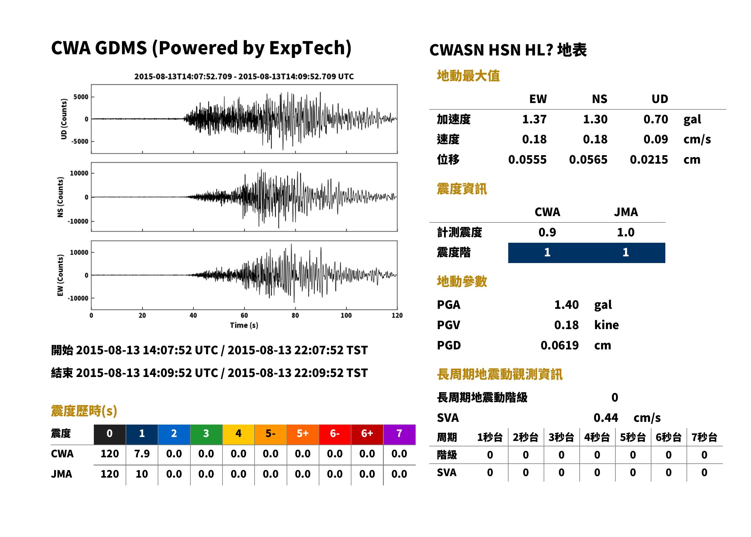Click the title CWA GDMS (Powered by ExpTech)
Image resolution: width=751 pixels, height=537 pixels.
click(x=201, y=48)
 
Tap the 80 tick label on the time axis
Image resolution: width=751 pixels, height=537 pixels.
click(x=295, y=315)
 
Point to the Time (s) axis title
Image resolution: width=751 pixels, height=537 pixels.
click(x=244, y=325)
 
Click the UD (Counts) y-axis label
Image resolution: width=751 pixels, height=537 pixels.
click(x=64, y=119)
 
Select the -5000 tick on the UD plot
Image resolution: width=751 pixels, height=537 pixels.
click(x=80, y=142)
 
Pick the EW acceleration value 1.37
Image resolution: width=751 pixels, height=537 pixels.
click(x=534, y=119)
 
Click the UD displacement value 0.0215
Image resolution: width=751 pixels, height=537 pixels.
click(x=649, y=160)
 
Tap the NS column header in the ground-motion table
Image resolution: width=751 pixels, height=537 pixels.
click(x=599, y=99)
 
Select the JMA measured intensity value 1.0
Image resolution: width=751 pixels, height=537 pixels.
click(x=625, y=232)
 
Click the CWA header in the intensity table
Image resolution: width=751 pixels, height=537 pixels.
click(x=547, y=212)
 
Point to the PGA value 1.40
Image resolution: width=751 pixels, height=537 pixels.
click(x=566, y=305)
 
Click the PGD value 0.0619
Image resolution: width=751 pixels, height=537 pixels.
click(x=559, y=345)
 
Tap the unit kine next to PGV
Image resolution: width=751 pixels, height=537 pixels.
click(x=606, y=325)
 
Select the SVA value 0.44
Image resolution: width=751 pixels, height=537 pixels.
click(x=606, y=418)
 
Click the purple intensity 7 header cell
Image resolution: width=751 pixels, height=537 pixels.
click(x=399, y=434)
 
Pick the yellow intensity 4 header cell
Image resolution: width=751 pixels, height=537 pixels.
click(x=239, y=434)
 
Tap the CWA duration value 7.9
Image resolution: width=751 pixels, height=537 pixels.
click(x=142, y=454)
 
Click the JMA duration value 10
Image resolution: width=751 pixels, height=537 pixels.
click(x=142, y=474)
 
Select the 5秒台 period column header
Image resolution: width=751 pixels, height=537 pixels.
click(x=632, y=438)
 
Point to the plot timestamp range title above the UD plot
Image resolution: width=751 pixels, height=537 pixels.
click(x=244, y=77)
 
